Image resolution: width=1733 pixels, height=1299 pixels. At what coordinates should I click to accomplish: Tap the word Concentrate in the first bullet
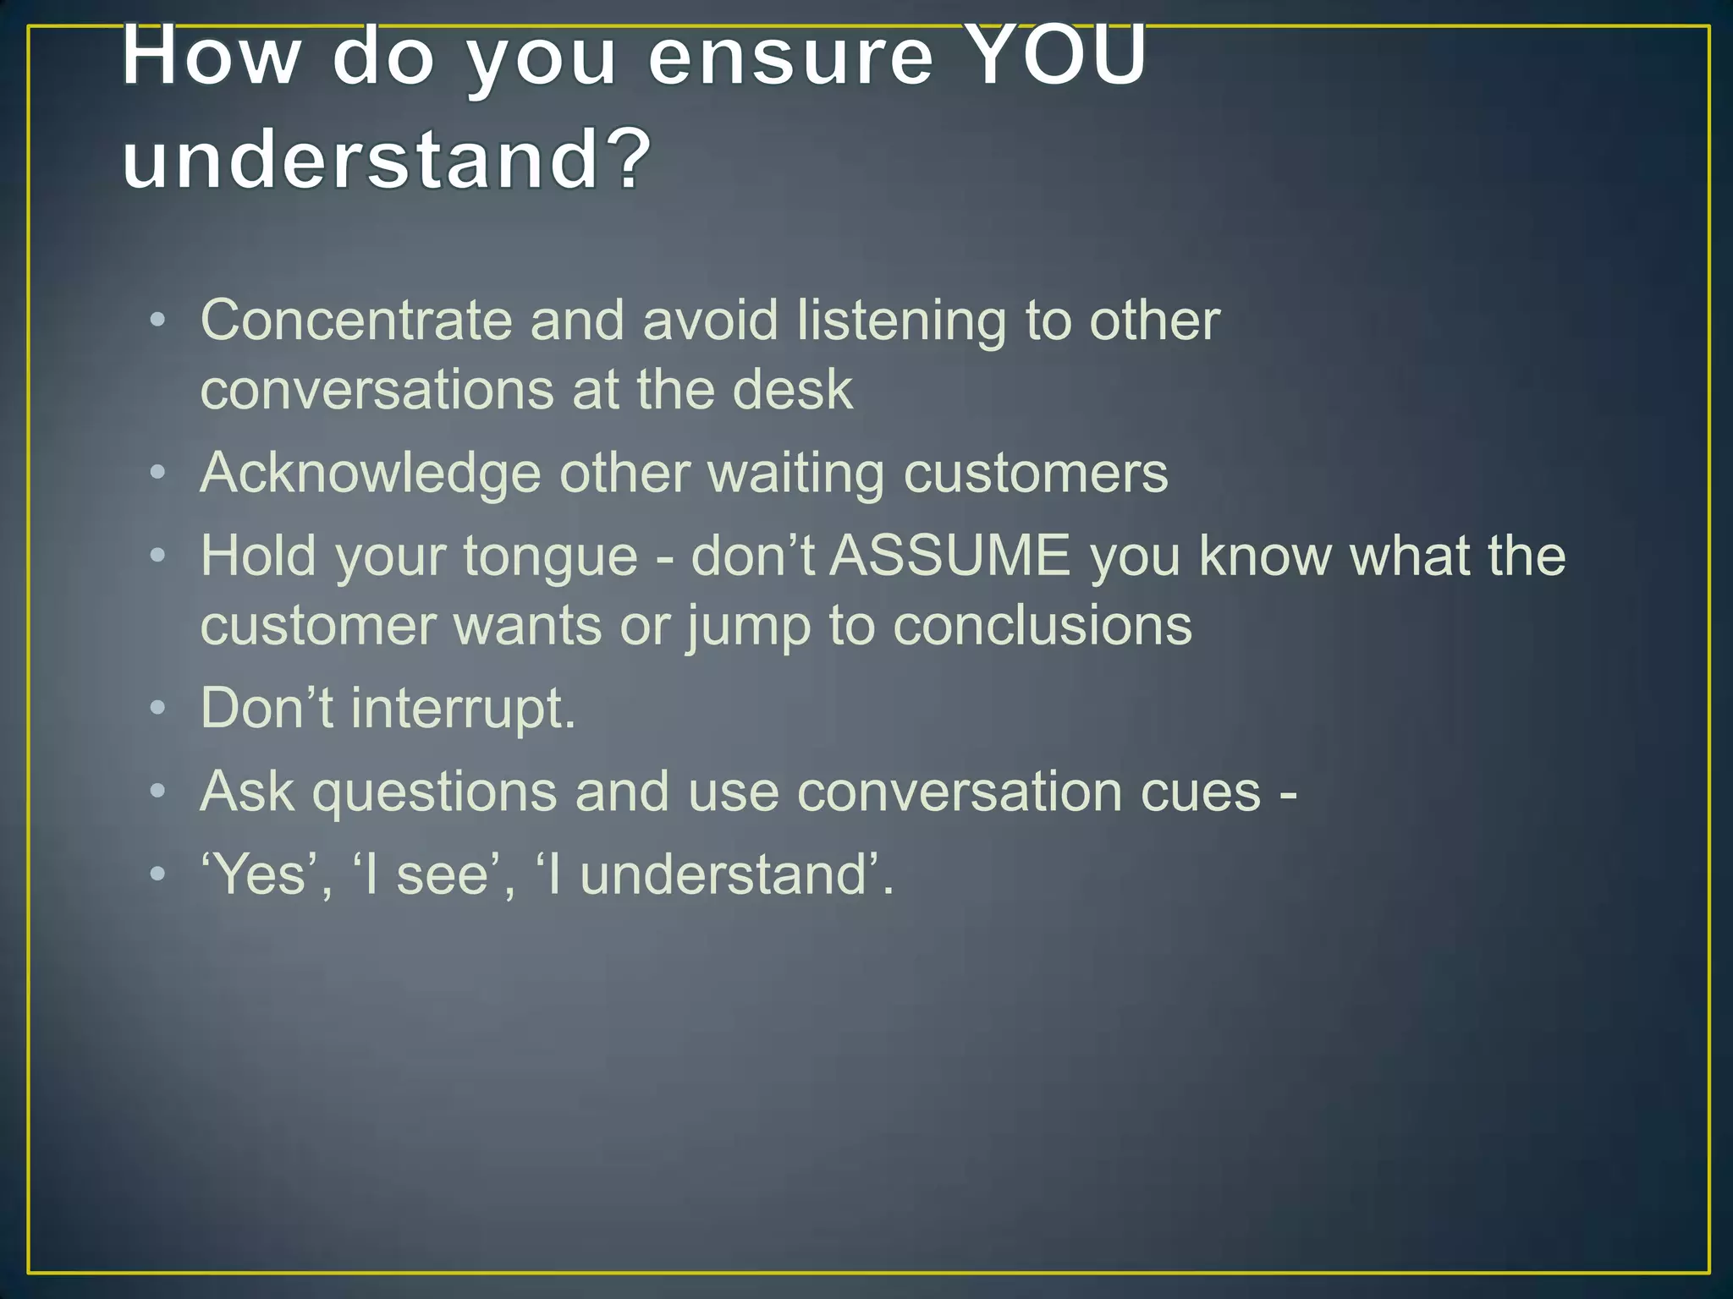click(355, 321)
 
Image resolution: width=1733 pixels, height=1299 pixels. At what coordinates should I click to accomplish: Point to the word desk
click(792, 390)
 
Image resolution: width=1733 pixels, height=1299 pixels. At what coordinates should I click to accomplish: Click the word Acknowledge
click(370, 474)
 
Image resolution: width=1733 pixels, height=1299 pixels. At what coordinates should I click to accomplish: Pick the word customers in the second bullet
click(1036, 473)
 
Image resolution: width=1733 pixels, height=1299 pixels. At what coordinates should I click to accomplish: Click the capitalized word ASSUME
click(949, 556)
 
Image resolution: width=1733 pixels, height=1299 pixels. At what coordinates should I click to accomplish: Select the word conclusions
click(1043, 626)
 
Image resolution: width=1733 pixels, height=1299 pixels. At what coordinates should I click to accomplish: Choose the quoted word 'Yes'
click(259, 874)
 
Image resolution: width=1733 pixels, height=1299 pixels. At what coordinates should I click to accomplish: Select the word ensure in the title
click(790, 58)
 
